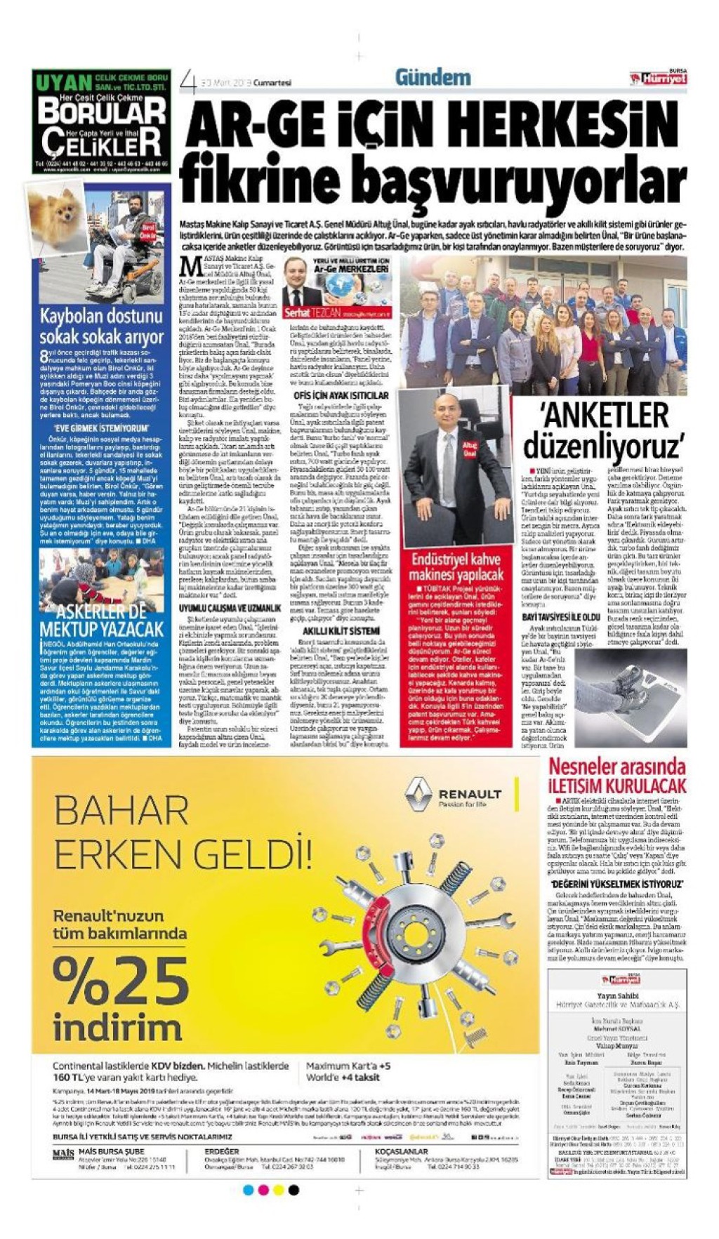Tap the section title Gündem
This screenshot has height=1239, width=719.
tap(433, 77)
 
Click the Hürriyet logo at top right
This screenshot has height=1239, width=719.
tap(658, 79)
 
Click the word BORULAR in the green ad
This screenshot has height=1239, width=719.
tap(102, 112)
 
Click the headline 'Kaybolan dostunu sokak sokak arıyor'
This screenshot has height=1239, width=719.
tap(101, 326)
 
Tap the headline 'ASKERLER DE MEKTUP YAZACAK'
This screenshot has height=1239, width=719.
tap(101, 620)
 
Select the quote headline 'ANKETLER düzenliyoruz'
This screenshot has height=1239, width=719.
tap(603, 429)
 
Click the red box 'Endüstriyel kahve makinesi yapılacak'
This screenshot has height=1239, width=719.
tap(456, 567)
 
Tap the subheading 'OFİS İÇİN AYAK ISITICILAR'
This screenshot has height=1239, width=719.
tap(341, 396)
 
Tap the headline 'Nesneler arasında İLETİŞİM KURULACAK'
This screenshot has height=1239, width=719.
tap(616, 775)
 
